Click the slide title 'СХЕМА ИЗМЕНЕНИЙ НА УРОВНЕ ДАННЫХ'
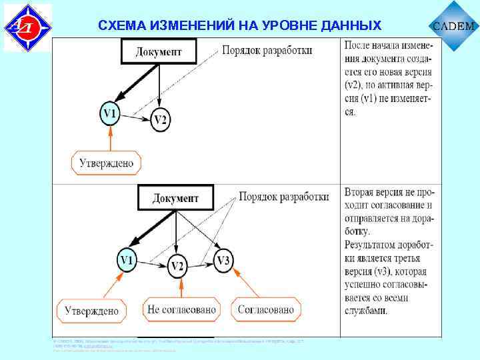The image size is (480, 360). [x=239, y=25]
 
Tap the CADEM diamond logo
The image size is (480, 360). [x=455, y=27]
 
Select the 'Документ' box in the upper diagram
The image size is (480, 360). [x=159, y=51]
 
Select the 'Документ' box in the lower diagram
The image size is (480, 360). [x=176, y=198]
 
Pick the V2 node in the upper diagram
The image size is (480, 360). [x=161, y=120]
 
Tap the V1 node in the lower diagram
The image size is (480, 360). [x=126, y=259]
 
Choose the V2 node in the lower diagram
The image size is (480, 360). [x=177, y=266]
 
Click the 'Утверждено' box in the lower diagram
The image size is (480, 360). [x=93, y=310]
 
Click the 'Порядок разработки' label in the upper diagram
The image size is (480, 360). [x=267, y=51]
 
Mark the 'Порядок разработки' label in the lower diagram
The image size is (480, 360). [x=284, y=197]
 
